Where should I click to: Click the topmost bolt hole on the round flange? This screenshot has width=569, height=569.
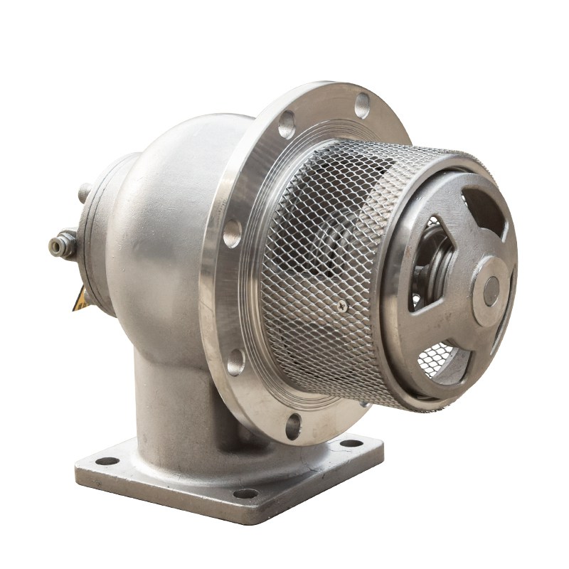pos(362,105)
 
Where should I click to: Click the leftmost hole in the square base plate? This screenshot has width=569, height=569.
pos(107,460)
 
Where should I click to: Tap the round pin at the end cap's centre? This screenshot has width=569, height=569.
pos(491,291)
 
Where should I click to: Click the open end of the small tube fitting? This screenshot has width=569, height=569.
pos(53,246)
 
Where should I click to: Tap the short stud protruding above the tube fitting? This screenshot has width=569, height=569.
pos(84,192)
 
